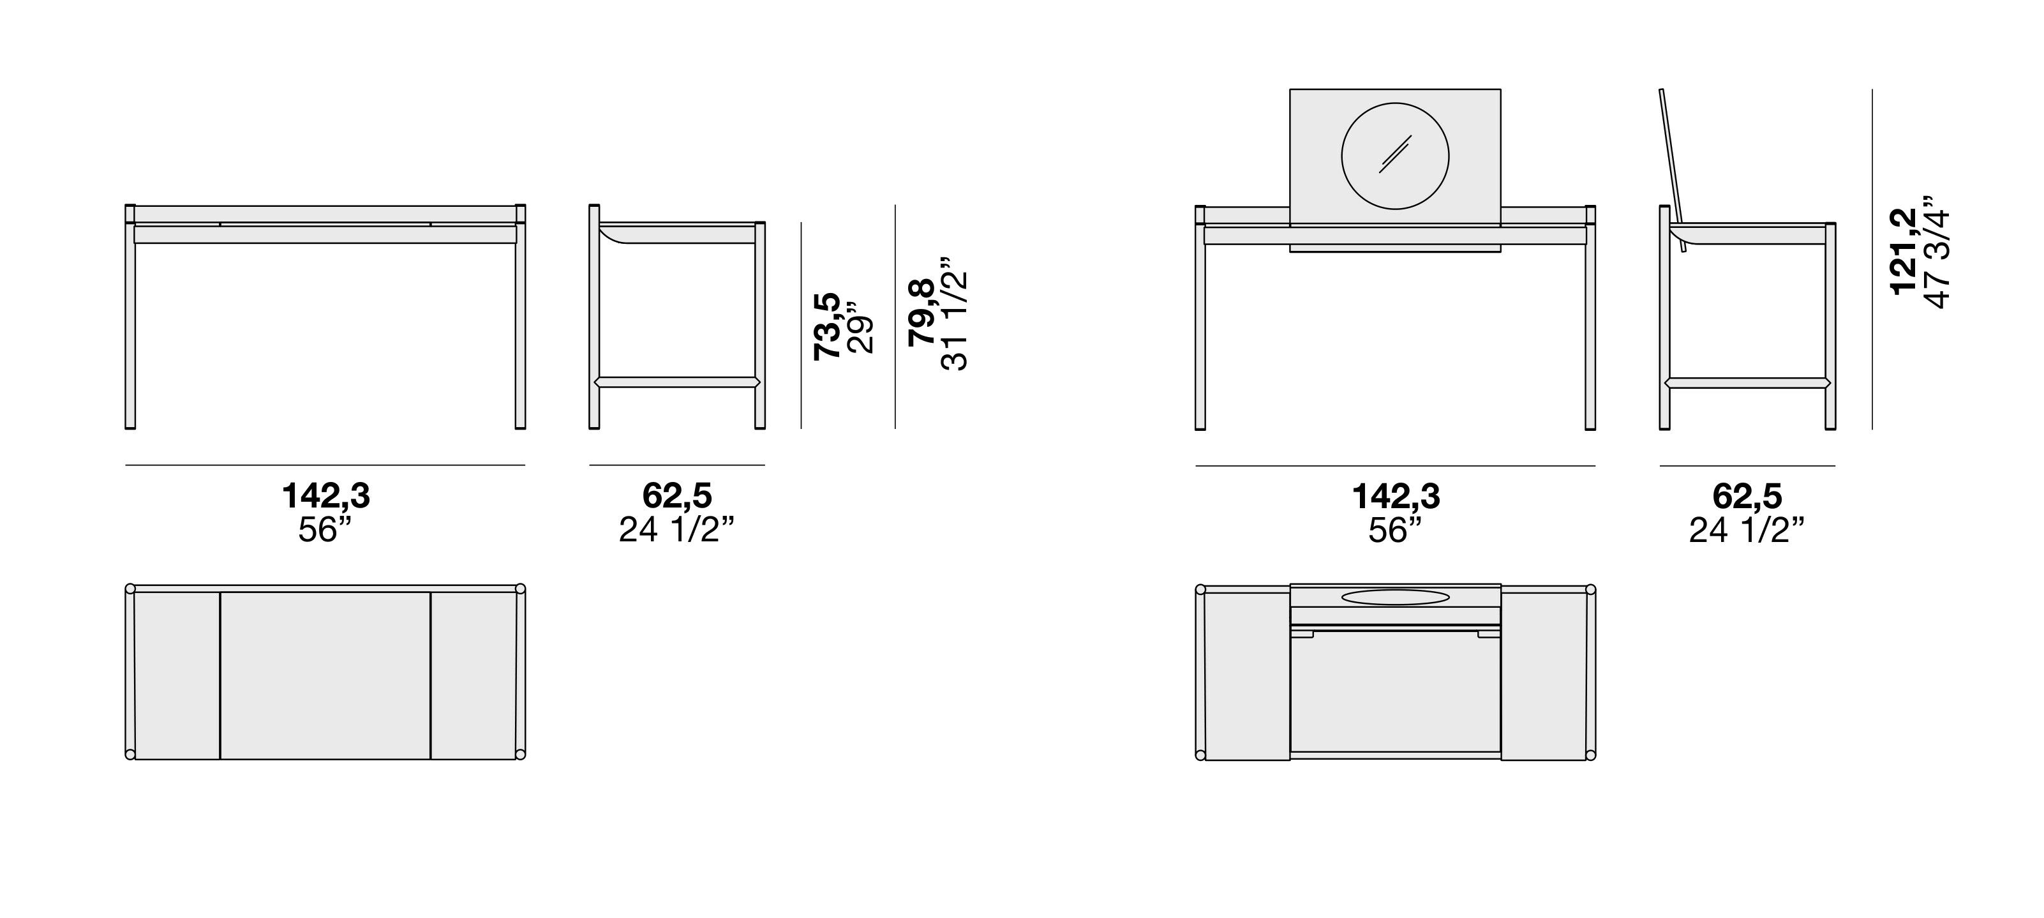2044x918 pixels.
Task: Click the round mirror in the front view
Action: (1394, 156)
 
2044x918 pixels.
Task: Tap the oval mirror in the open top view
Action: (1395, 597)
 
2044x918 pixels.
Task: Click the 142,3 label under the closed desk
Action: (326, 497)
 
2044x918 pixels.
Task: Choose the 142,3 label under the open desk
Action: (1396, 497)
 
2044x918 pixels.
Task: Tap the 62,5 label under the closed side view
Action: (677, 497)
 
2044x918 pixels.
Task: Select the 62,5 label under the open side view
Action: (1747, 497)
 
